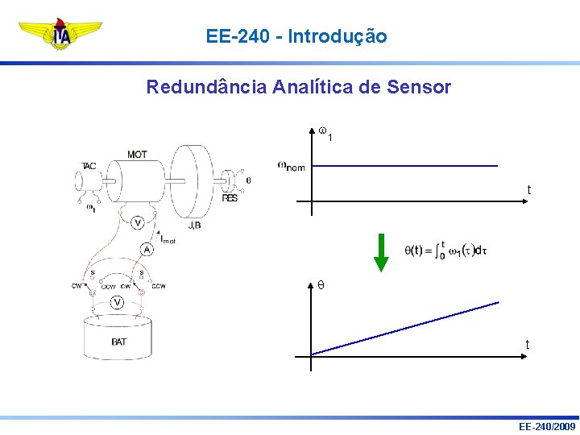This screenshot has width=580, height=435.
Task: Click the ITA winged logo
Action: tap(60, 35)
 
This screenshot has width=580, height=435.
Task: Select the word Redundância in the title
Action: tap(206, 87)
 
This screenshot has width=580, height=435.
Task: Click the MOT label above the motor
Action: tap(136, 154)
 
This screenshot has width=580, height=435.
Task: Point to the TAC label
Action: tap(89, 166)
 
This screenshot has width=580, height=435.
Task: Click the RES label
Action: tap(230, 197)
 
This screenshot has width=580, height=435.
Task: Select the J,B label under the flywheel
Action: tap(194, 225)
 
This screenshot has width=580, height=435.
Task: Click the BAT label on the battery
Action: tap(118, 342)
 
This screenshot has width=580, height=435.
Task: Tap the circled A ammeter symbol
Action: tap(147, 249)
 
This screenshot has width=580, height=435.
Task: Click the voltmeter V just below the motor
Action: tap(138, 222)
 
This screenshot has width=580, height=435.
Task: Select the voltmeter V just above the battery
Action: tap(118, 302)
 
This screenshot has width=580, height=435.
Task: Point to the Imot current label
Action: tap(168, 238)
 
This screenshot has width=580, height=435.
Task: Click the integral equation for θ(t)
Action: tap(445, 251)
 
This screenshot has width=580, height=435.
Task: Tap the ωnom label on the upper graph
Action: tap(291, 166)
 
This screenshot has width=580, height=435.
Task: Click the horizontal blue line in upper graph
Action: tap(403, 166)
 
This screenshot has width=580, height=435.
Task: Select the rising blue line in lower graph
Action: tap(403, 329)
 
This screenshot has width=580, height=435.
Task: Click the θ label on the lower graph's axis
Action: tap(321, 285)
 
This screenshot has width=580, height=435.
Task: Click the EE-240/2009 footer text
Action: tap(548, 426)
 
